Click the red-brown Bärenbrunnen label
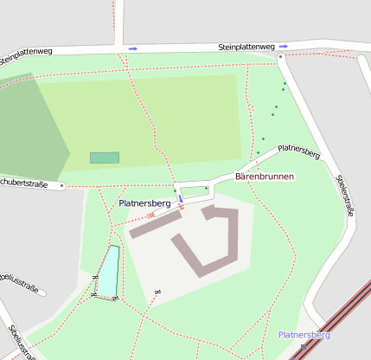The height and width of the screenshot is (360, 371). (x=265, y=177)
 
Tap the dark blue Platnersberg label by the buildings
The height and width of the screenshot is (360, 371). (x=144, y=203)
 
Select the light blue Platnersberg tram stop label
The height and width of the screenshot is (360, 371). (x=304, y=335)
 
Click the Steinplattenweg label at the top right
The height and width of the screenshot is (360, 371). (x=246, y=47)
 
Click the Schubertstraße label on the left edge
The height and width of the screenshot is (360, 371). (x=22, y=183)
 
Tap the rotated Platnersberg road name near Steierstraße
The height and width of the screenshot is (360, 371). (x=299, y=151)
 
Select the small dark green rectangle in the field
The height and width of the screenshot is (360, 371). (x=105, y=157)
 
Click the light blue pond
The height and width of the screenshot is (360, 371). (x=107, y=272)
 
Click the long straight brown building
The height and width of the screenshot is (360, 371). (x=156, y=223)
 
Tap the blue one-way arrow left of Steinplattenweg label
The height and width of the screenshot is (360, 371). (x=132, y=48)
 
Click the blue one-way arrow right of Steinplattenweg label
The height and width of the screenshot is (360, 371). (x=284, y=47)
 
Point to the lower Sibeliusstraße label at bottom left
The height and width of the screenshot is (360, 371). (x=19, y=343)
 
